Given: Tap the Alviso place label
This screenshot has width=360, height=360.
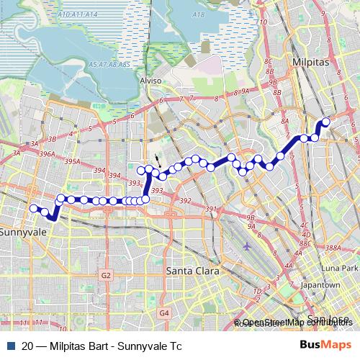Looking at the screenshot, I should click(151, 81).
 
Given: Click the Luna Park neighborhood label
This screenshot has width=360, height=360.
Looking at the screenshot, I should click(339, 268).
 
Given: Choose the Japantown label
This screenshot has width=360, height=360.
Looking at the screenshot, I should click(320, 285).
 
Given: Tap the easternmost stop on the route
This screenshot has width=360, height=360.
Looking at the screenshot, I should click(325, 122).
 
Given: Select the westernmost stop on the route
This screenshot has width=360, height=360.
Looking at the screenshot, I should click(32, 208).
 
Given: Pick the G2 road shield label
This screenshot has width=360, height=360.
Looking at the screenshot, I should click(106, 275).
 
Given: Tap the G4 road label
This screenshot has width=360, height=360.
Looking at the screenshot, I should click(163, 313).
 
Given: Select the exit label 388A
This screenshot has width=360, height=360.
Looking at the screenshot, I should click(332, 248).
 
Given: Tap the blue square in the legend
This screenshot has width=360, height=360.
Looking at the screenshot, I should click(12, 346).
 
